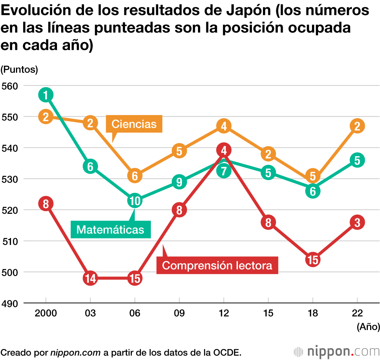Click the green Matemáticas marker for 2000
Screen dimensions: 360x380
click(x=46, y=95)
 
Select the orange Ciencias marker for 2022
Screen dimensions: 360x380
click(x=357, y=126)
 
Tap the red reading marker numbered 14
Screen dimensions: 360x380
click(x=90, y=278)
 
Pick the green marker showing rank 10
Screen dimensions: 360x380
click(x=135, y=201)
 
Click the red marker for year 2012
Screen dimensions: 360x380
click(x=224, y=150)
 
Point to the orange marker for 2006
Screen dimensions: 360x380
click(x=135, y=176)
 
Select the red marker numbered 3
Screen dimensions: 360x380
click(x=357, y=222)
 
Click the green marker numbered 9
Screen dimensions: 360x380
click(x=179, y=182)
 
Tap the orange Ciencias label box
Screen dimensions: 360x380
click(x=134, y=124)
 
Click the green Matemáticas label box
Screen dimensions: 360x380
click(x=110, y=229)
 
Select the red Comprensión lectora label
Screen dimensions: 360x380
click(x=217, y=265)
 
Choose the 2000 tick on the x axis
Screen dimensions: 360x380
click(x=46, y=313)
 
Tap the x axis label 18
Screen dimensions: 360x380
click(x=312, y=313)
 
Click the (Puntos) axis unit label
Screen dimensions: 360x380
click(x=19, y=69)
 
